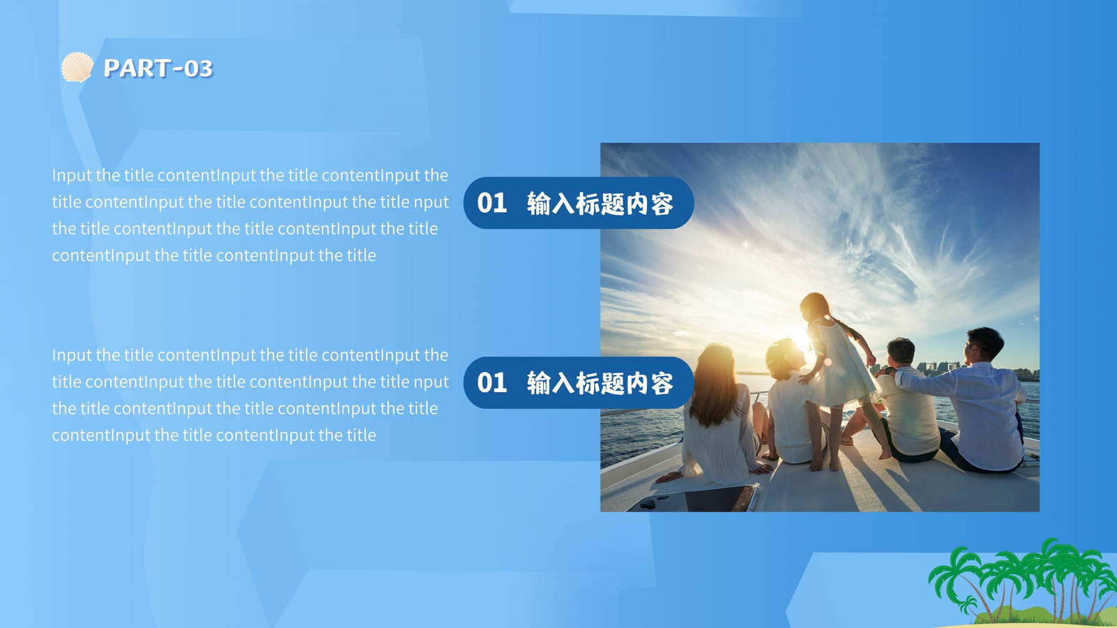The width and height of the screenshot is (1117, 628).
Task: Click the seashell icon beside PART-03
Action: [77, 67]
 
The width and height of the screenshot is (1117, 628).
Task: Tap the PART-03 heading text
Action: [158, 68]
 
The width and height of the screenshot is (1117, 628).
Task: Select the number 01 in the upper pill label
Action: [491, 203]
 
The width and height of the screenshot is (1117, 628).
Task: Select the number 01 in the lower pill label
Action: [491, 383]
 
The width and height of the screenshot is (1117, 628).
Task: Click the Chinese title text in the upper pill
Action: [600, 203]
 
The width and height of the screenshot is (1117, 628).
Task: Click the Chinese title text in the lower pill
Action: [600, 383]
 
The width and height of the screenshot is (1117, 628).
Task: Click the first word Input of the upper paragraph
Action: [72, 175]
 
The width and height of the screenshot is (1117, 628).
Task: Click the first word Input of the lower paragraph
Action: [72, 355]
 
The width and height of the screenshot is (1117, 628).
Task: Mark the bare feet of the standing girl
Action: [848, 461]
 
